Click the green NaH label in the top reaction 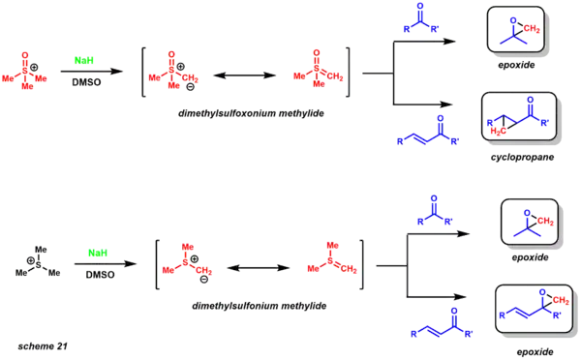tap(84, 60)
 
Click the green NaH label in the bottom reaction tap(96, 253)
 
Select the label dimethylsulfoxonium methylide tap(250, 112)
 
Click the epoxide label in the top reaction tap(520, 59)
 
